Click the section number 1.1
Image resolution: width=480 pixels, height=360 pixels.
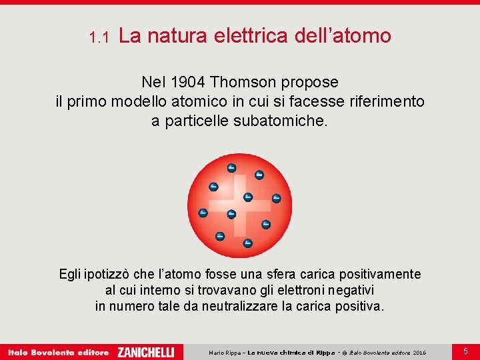[x=99, y=38]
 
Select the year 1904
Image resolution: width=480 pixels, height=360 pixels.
[x=189, y=82]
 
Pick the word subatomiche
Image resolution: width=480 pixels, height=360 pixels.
[x=281, y=121]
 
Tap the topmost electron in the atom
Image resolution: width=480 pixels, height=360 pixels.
[x=231, y=167]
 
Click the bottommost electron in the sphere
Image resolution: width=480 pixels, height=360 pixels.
[x=247, y=243]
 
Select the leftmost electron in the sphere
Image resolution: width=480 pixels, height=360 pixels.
[x=203, y=213]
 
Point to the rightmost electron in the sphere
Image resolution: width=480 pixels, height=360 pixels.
[x=277, y=198]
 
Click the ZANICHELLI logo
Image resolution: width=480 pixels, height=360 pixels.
[x=145, y=352]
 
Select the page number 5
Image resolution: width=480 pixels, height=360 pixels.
[x=466, y=351]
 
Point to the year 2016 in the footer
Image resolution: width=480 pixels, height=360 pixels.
[x=420, y=353]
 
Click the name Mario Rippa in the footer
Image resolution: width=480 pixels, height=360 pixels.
[x=226, y=353]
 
